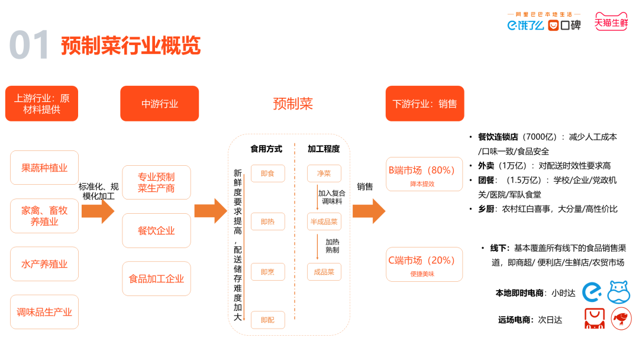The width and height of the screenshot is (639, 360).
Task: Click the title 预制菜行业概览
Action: point(130,46)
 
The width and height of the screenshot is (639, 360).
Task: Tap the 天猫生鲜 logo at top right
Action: point(611,22)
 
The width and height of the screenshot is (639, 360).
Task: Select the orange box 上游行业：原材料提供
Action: point(41,104)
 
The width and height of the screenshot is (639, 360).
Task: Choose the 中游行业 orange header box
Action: point(159,104)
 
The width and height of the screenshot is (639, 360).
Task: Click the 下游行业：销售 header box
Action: point(424,104)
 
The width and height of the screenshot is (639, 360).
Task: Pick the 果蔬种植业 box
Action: point(44,168)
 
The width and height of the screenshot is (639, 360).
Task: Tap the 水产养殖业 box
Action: point(44,264)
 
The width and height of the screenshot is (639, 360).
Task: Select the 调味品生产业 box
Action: point(44,312)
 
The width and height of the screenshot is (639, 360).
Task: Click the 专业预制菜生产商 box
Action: point(156,182)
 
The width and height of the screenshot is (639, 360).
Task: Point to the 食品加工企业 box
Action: point(156,278)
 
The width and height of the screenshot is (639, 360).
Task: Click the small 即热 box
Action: point(267,222)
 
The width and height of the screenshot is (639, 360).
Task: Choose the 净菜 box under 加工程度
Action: point(324,173)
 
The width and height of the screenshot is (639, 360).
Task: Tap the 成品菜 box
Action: point(324,272)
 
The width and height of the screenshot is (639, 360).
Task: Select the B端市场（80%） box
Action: point(424,174)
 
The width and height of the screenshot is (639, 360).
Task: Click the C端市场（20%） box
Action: point(424,264)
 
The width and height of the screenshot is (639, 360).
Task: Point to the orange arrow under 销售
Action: point(369,211)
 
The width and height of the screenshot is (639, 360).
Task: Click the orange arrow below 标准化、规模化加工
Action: point(98,211)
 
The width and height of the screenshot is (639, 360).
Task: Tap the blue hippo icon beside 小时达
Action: point(619,292)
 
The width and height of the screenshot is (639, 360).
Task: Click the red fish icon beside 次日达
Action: point(621,318)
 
